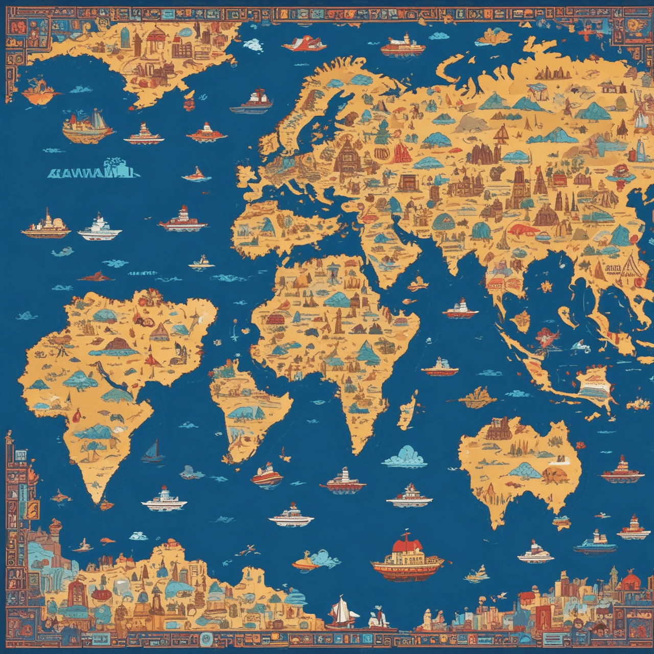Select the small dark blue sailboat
[152, 451]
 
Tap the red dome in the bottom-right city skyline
[630, 580]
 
